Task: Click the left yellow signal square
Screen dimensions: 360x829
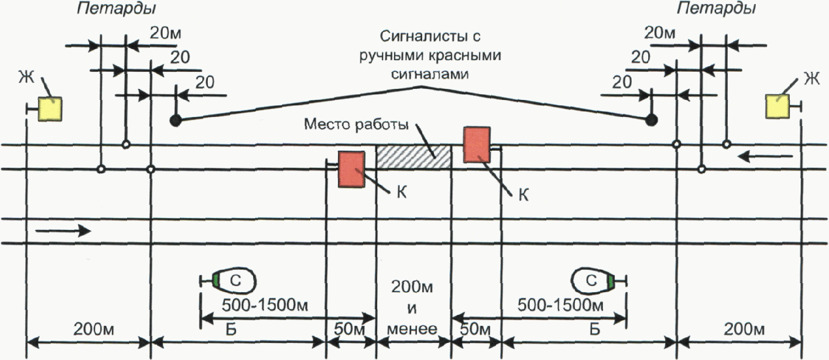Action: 51,109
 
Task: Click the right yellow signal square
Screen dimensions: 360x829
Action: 777,107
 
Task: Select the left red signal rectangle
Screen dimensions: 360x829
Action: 351,169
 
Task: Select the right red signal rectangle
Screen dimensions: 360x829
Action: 477,144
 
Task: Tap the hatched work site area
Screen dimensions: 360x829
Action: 414,157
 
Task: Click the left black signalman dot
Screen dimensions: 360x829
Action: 175,121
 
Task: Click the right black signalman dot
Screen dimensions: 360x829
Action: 651,119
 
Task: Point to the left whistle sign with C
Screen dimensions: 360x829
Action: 234,280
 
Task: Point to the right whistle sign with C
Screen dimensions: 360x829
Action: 593,280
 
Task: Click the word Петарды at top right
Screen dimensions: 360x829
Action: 717,9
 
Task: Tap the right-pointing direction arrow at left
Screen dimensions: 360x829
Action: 63,231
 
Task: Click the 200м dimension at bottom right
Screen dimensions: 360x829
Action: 745,329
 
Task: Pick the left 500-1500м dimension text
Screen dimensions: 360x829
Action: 265,305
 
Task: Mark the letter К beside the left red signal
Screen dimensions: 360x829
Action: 401,193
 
